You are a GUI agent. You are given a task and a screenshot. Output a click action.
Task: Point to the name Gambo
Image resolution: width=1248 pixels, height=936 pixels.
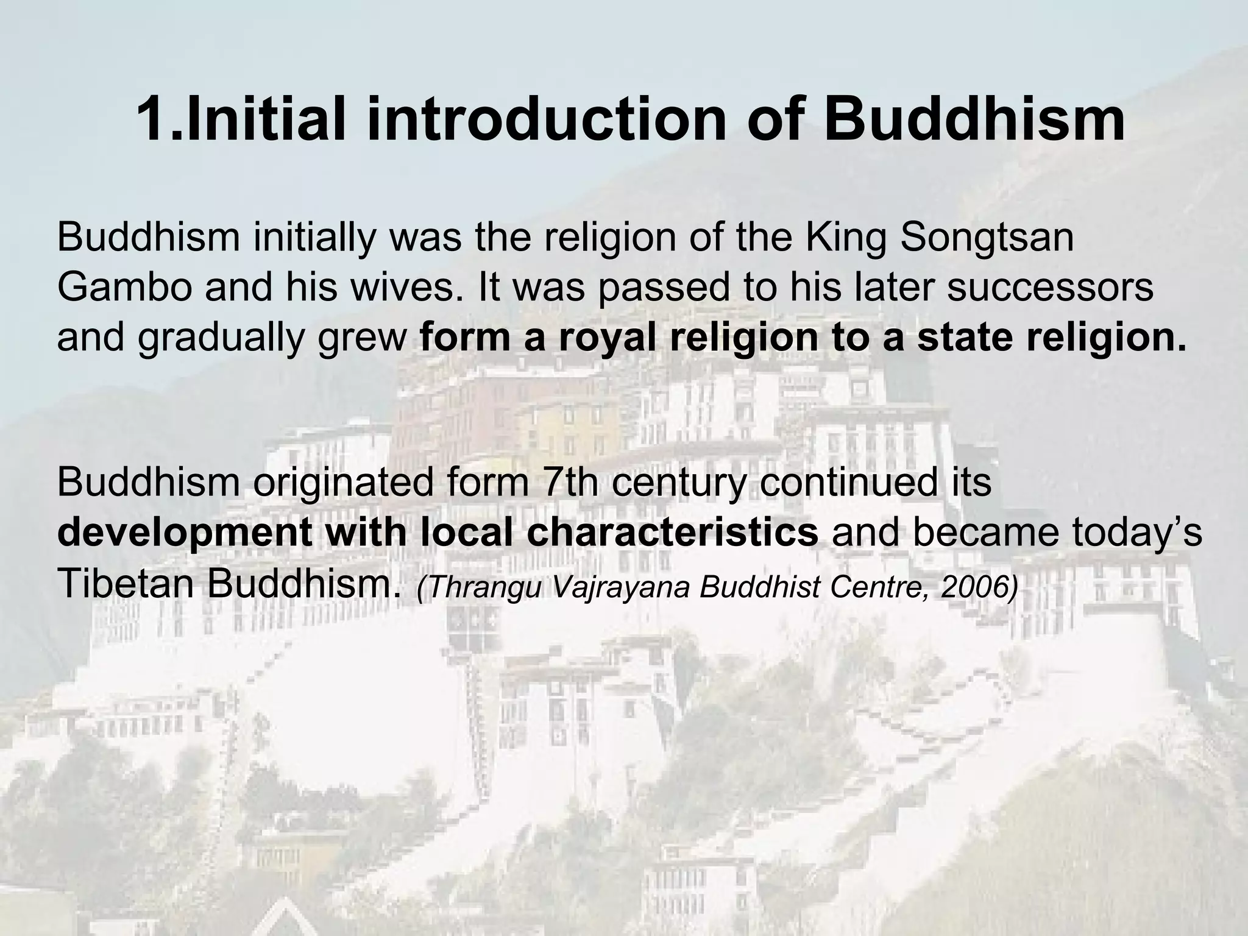pos(125,288)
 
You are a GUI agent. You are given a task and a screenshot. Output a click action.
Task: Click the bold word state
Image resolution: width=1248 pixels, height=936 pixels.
pos(965,338)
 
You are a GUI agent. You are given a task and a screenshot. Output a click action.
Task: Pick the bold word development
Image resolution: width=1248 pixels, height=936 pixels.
pos(183,534)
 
